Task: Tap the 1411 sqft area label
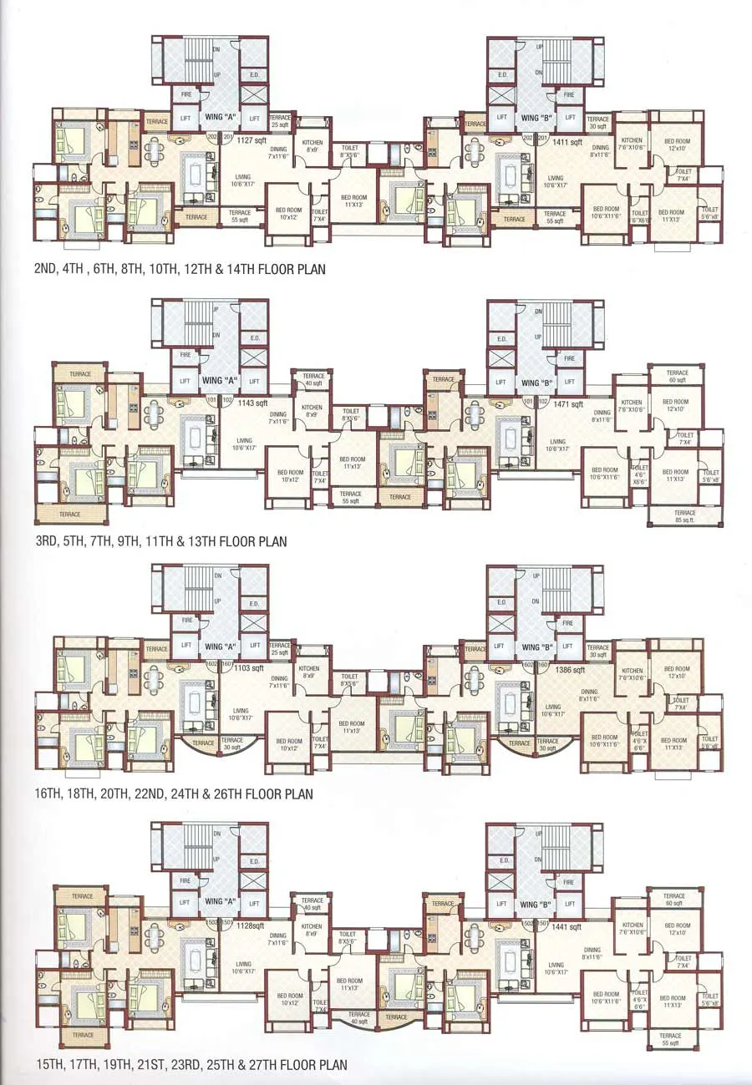pos(567,141)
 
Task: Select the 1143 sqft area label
pos(252,403)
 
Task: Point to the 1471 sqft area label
pos(567,403)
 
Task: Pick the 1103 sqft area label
pos(250,667)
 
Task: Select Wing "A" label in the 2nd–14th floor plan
pos(219,118)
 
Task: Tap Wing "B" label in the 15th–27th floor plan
pos(539,905)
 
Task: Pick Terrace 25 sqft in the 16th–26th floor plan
pos(280,649)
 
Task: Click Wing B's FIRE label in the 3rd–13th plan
pos(569,358)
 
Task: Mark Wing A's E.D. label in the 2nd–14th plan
pos(254,74)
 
